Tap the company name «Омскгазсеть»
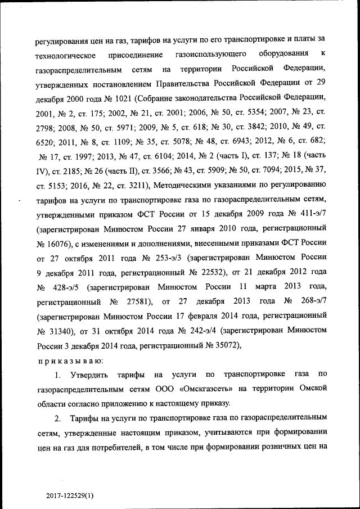point(201,389)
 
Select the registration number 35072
point(226,345)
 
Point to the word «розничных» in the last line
point(273,448)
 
